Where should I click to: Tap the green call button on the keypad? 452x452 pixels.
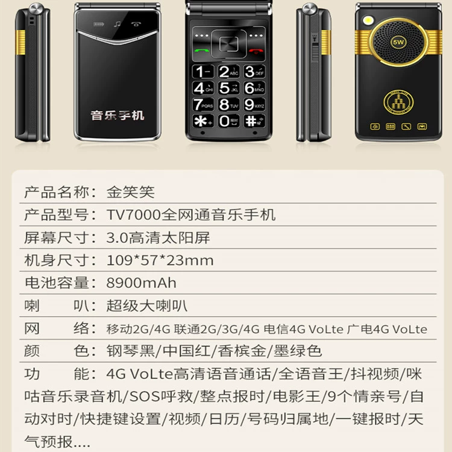[201, 51]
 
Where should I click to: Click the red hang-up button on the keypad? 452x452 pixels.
[256, 51]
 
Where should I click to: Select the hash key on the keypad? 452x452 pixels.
[254, 121]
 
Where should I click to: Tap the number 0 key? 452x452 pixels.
[228, 121]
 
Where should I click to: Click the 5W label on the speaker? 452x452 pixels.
[398, 42]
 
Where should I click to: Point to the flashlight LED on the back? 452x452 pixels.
[368, 20]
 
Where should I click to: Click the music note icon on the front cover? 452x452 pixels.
[117, 24]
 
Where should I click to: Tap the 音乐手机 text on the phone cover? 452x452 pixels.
[117, 115]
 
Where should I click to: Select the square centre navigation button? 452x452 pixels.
[228, 44]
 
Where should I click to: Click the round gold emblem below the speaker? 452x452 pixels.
[398, 102]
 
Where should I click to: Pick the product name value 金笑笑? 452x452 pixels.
[131, 192]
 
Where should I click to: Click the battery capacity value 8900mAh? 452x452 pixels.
[141, 283]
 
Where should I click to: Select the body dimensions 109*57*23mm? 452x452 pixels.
[160, 260]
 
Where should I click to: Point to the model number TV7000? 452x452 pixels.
[133, 215]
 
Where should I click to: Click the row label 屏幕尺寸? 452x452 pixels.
[56, 237]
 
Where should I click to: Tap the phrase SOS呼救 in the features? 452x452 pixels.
[162, 397]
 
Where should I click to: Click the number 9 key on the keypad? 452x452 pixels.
[254, 104]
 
